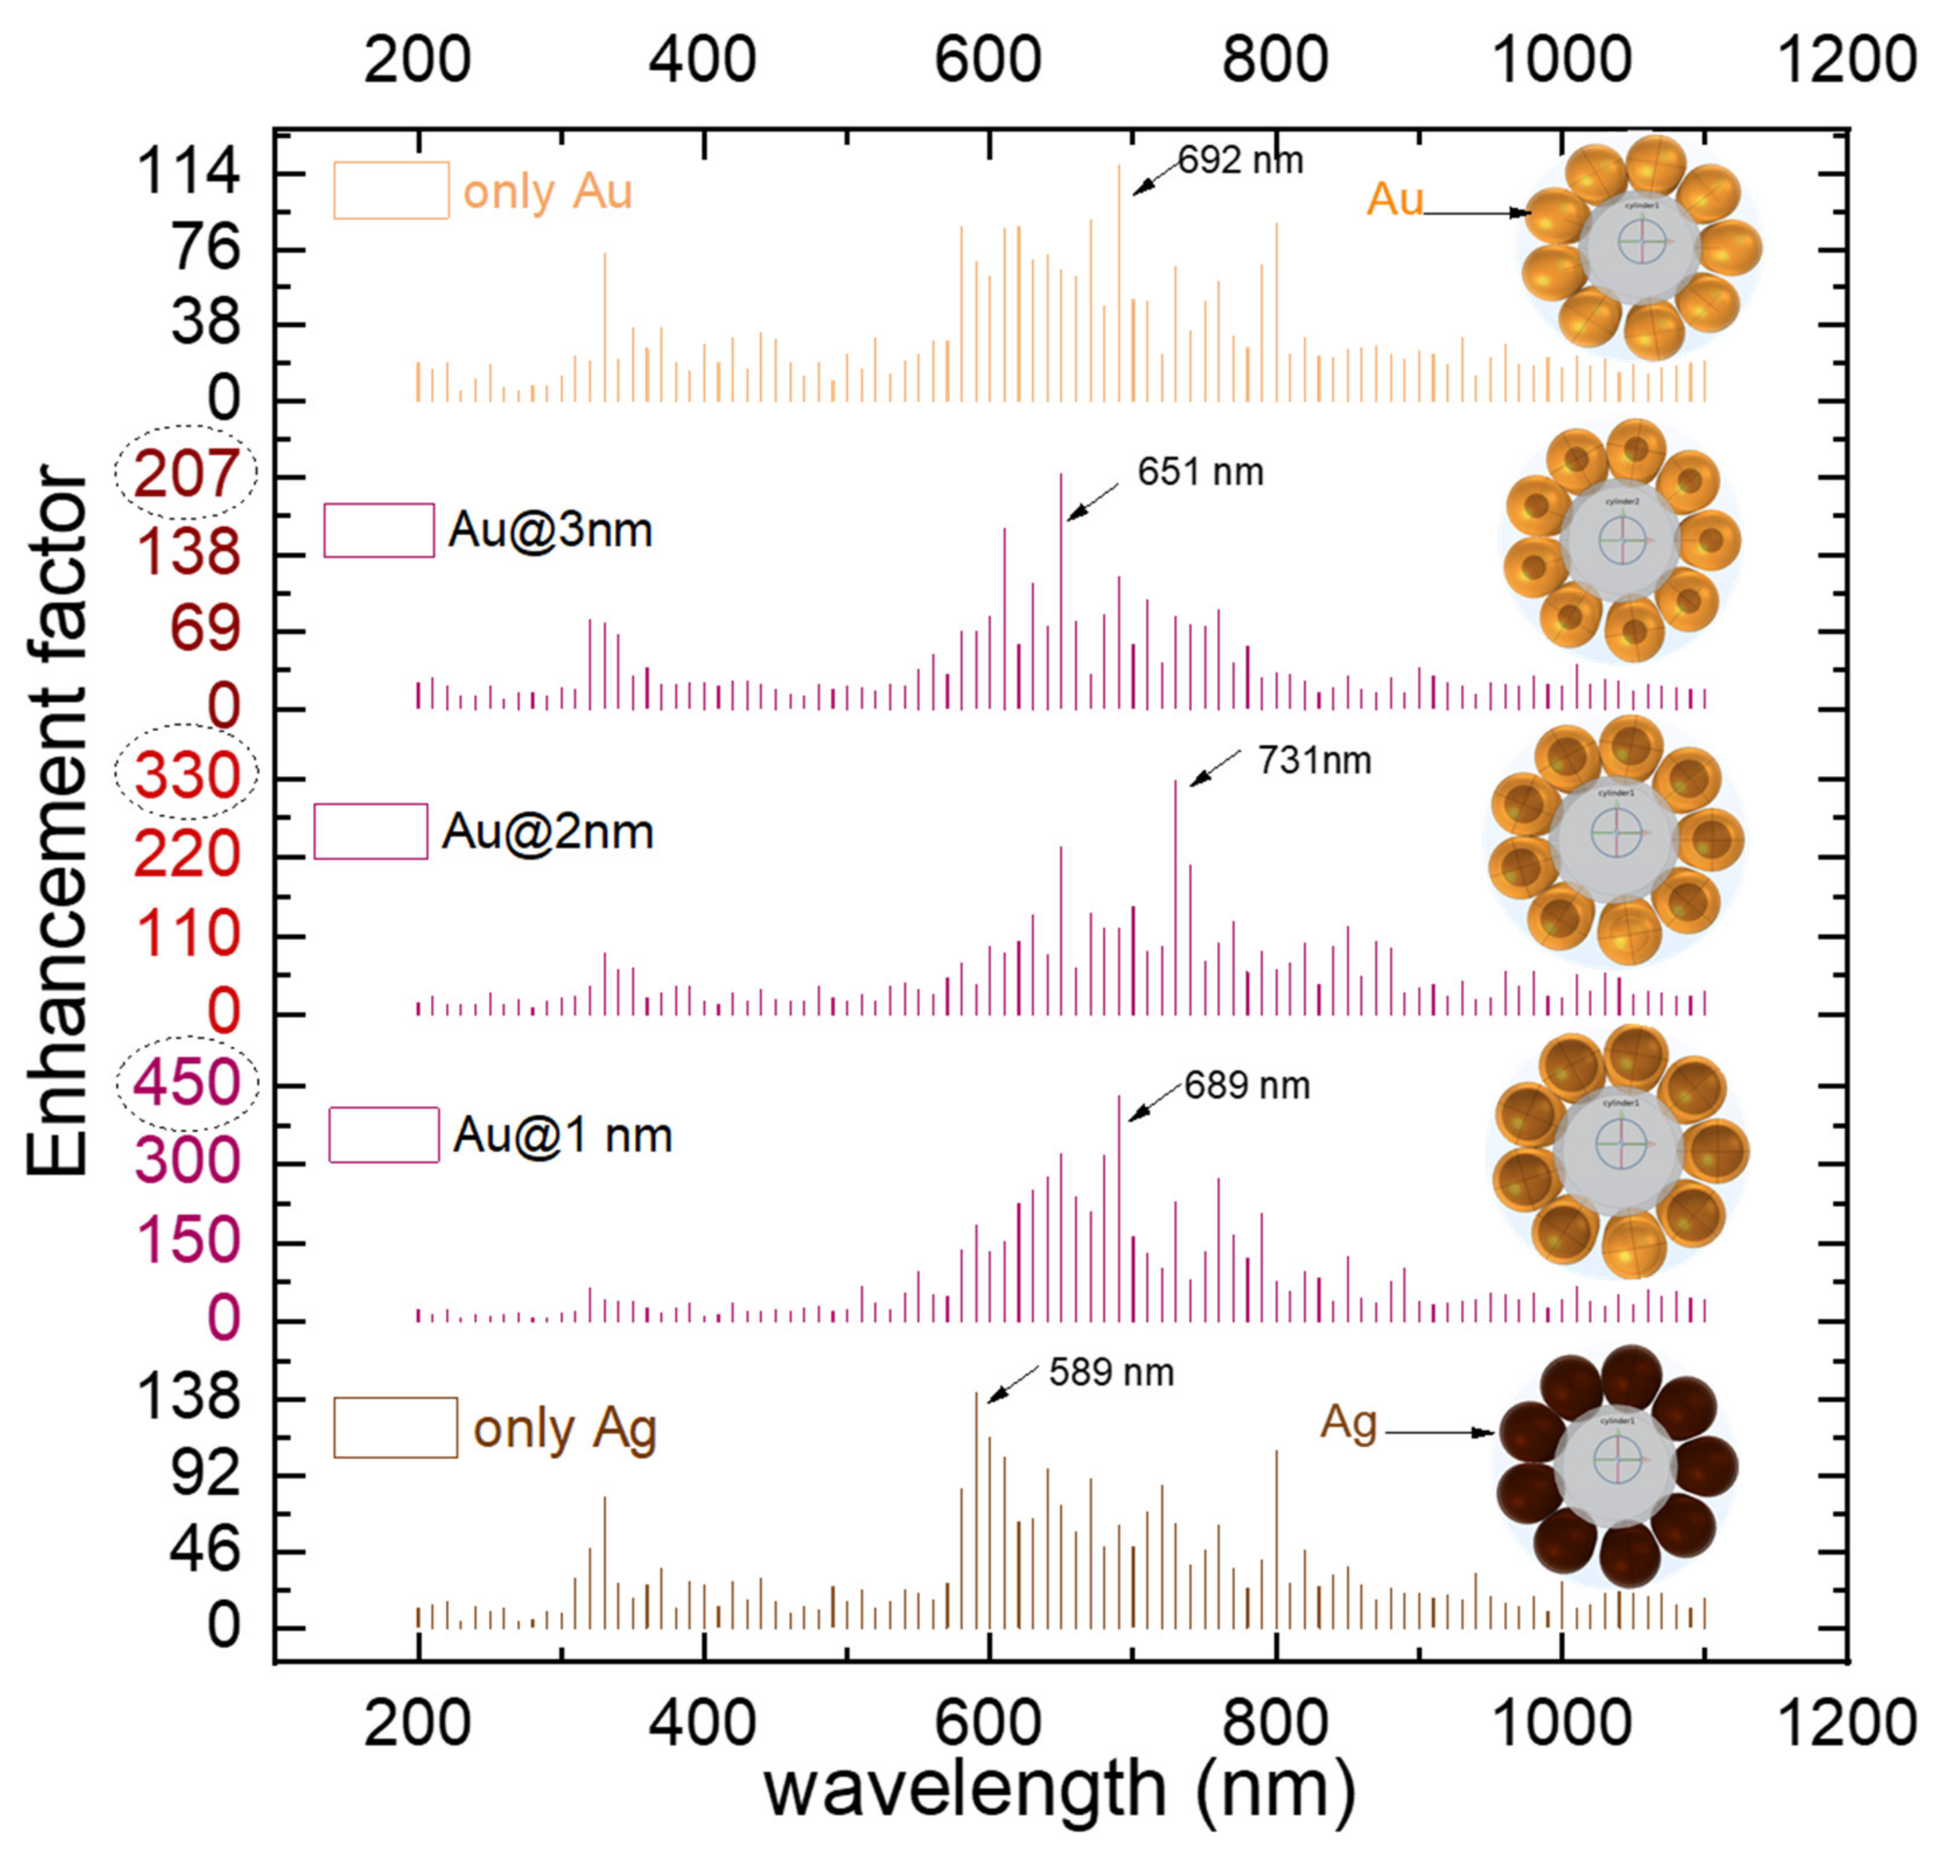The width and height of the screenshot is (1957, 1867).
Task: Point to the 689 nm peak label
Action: coord(1247,1085)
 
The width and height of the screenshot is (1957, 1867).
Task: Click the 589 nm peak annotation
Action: coord(1110,1372)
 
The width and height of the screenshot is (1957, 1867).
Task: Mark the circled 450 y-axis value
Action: coord(186,1083)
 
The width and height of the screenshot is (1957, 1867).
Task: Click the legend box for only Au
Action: coord(390,190)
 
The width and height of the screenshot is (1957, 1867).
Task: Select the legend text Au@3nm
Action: coord(549,530)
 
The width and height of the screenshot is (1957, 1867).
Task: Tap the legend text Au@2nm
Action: coord(548,831)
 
